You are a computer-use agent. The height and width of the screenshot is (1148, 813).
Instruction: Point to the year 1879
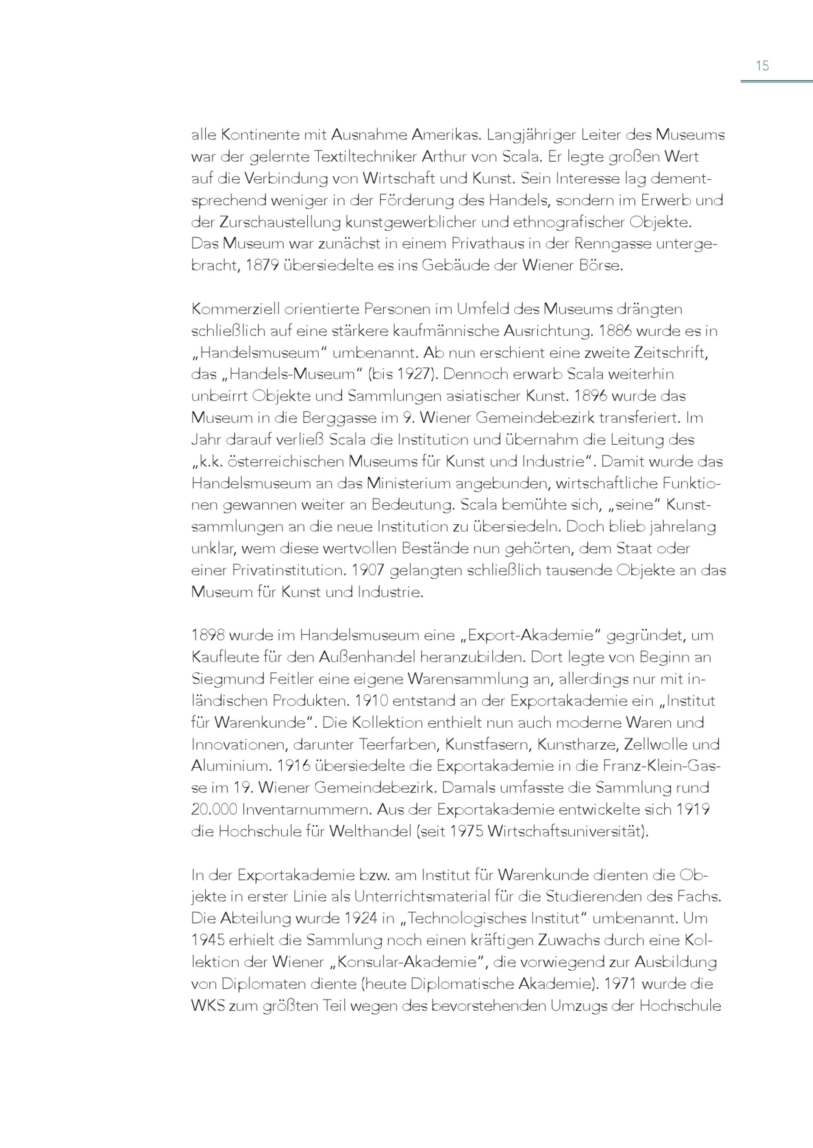pyautogui.click(x=262, y=266)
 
